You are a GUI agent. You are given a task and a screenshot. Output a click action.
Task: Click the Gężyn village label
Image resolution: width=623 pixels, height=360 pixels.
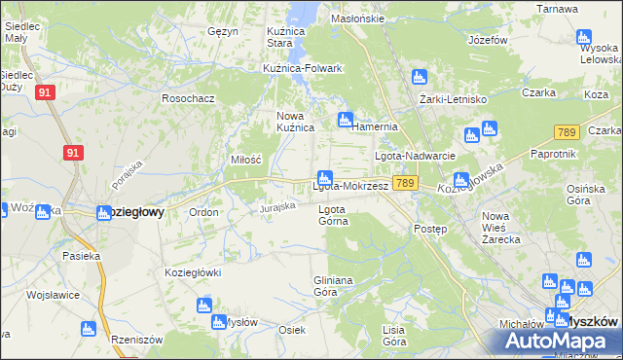click(x=222, y=31)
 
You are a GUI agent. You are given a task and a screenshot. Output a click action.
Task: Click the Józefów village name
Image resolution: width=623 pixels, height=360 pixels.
click(x=488, y=41)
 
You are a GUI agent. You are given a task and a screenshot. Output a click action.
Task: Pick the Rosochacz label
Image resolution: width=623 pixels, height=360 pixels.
click(x=188, y=98)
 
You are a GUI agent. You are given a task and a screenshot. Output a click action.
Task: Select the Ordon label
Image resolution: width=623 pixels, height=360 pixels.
click(x=203, y=212)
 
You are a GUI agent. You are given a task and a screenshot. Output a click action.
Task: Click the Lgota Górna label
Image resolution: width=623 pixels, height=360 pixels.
click(x=333, y=214)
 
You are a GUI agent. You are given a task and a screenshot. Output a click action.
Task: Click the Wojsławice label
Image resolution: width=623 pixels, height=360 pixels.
click(x=52, y=293)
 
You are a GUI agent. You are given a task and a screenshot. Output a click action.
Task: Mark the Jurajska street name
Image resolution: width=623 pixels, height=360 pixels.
click(x=277, y=207)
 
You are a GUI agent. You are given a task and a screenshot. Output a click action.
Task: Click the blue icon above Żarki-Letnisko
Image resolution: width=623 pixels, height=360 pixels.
click(x=420, y=77)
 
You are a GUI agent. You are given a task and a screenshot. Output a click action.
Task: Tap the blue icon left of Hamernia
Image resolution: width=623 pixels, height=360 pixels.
click(x=345, y=121)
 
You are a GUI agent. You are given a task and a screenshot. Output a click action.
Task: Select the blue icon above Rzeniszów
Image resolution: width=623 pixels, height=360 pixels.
click(x=88, y=328)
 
